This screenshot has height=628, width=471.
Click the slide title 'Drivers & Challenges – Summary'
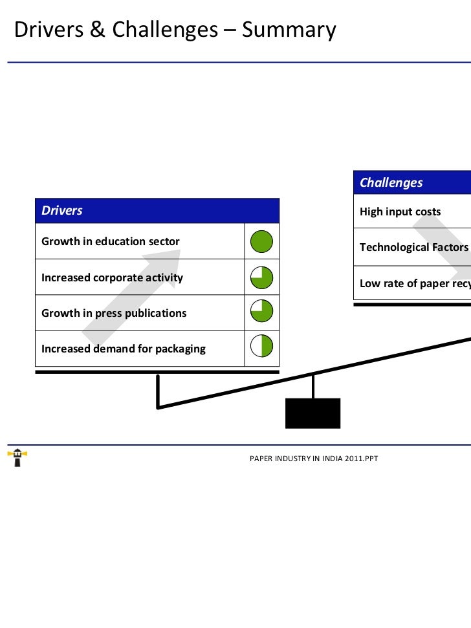[175, 30]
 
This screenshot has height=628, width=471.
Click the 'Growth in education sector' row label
[111, 242]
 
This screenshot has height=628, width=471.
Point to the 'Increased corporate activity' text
[112, 278]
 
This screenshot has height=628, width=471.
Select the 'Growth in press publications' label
[114, 314]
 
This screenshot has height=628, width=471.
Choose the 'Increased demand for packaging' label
[124, 349]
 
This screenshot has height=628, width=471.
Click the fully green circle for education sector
[261, 242]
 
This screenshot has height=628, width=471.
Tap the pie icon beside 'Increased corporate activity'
[261, 278]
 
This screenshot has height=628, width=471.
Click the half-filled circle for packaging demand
[261, 346]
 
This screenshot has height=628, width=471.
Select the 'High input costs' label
[400, 212]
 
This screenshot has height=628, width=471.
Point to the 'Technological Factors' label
[413, 248]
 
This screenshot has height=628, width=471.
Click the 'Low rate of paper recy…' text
[415, 283]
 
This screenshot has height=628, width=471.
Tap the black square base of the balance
[313, 413]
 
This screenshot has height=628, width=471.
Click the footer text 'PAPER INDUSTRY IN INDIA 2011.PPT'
[314, 459]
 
